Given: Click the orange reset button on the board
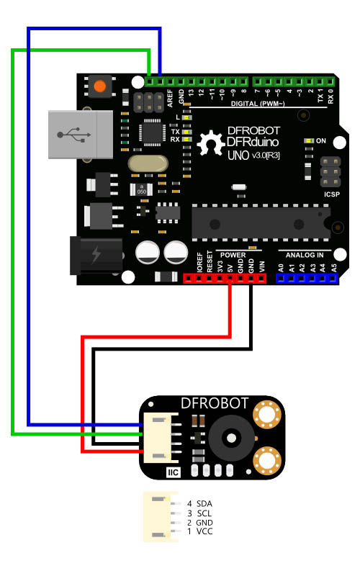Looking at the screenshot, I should point(99,87).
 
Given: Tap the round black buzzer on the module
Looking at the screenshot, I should point(233,436).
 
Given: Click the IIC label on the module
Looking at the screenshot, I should point(173,472).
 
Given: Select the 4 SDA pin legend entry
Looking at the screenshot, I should point(199,503).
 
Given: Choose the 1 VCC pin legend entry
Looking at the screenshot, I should point(199,531).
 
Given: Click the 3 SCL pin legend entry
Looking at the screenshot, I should point(199,513).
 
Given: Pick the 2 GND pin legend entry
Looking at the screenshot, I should point(199,522).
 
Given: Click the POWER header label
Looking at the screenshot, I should point(233,255).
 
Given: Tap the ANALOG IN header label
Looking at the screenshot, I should point(305,255).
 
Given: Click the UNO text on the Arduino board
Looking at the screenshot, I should point(239,156).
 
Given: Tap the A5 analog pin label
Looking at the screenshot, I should point(333,267).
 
